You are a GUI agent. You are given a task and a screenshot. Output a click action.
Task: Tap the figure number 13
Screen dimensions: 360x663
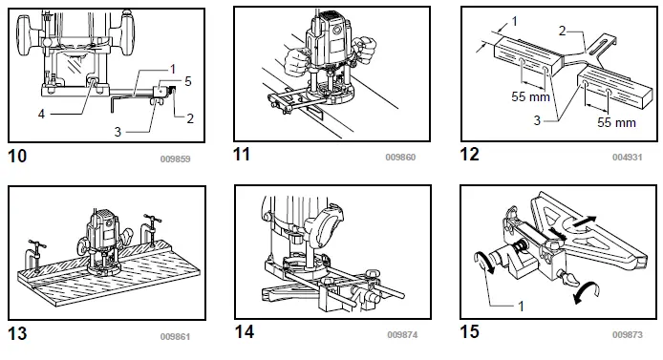click(18, 334)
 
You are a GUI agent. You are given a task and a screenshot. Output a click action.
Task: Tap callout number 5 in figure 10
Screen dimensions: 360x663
click(188, 81)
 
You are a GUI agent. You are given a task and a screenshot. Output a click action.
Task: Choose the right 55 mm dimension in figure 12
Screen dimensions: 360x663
click(616, 122)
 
